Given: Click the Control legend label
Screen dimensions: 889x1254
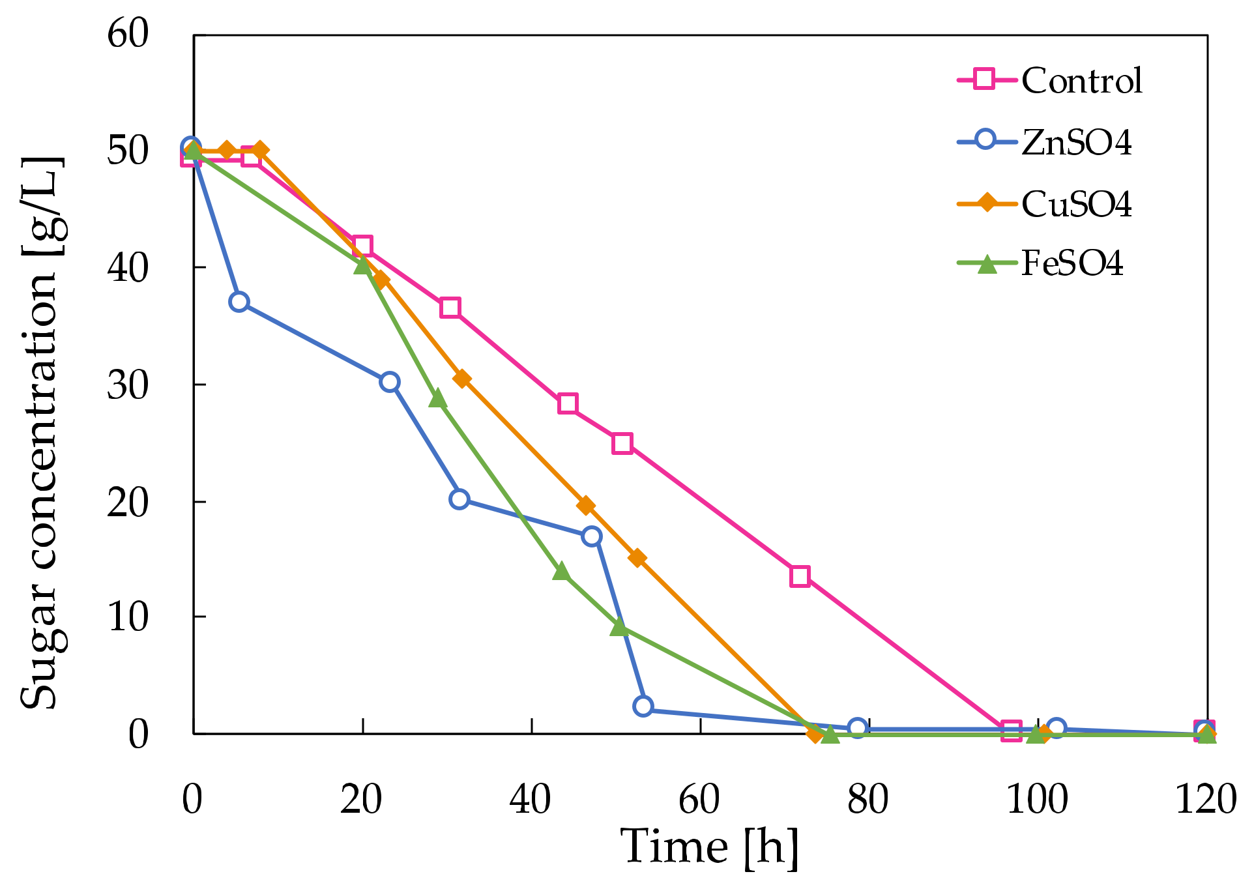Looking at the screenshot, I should [1081, 81].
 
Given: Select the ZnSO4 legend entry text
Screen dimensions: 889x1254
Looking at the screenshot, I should [1076, 143].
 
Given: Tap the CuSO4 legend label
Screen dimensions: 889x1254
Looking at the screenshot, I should [1076, 204].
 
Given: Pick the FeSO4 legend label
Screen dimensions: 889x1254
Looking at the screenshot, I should [1072, 263].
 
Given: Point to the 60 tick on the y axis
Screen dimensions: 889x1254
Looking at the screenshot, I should [128, 33].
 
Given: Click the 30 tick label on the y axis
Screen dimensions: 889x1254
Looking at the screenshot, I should [128, 385].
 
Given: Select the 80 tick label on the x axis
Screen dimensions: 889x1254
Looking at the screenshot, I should [868, 799].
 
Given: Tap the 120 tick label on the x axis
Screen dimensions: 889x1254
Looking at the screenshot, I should [1205, 799].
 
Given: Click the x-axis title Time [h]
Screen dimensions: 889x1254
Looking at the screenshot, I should [709, 847].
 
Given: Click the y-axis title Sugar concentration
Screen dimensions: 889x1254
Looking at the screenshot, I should [40, 433].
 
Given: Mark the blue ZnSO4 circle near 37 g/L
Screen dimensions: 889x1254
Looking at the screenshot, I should [239, 302].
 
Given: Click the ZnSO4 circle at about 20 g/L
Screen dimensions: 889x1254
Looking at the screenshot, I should [459, 499].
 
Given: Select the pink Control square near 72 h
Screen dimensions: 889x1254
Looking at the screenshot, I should [800, 576].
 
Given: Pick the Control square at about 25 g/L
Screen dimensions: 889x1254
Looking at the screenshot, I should [622, 443].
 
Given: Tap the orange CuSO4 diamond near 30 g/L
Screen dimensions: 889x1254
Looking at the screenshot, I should [461, 379].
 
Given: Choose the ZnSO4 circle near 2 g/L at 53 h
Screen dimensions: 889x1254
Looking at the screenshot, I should [643, 706].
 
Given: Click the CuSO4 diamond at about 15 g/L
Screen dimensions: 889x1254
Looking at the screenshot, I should [637, 559].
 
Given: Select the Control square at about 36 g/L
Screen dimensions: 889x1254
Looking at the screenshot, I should [450, 308].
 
